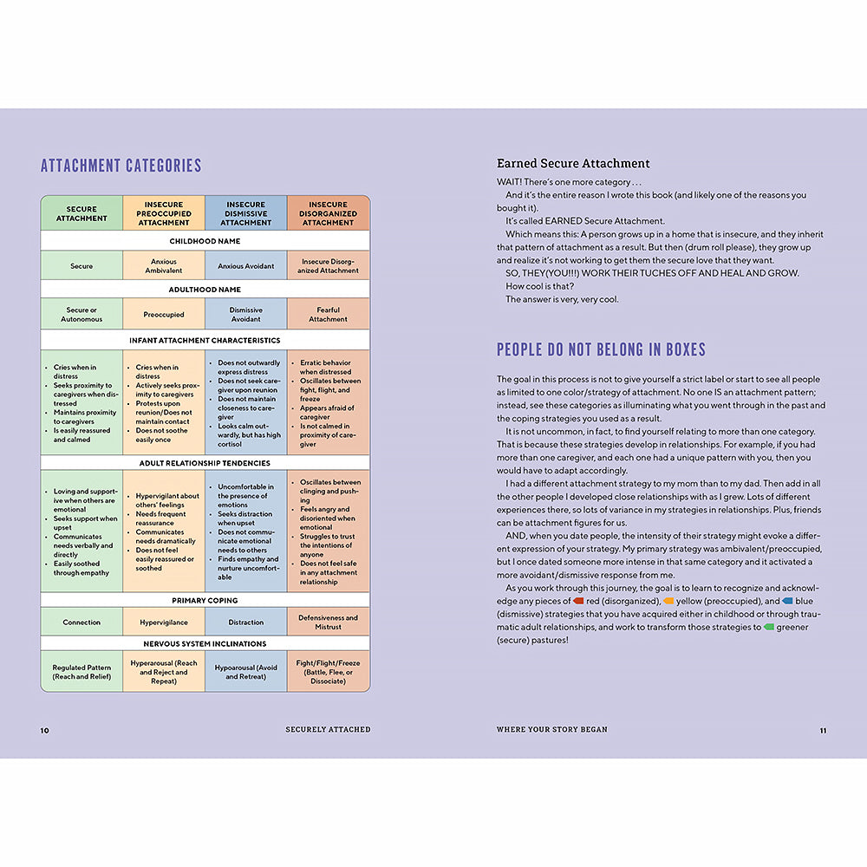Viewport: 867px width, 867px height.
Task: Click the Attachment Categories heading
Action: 121,166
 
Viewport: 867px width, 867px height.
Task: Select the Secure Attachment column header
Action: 81,213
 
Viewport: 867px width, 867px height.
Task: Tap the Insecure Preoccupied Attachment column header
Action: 164,213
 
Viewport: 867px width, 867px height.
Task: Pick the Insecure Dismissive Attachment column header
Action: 246,213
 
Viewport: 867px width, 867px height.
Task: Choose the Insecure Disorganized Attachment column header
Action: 329,213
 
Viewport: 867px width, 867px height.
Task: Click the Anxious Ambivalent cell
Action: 164,265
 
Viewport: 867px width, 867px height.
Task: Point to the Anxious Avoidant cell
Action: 246,265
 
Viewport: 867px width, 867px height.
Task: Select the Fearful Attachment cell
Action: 329,314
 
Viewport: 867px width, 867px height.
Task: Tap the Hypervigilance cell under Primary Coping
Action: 164,623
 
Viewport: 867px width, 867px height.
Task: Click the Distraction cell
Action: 246,623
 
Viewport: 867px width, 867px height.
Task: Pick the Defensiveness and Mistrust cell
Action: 329,623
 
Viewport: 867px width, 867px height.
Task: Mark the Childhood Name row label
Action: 205,241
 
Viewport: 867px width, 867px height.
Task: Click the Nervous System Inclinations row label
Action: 205,644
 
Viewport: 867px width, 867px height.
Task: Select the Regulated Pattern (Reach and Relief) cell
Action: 81,672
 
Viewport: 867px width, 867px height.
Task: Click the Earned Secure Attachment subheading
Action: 573,163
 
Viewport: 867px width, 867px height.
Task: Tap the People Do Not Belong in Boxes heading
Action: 601,350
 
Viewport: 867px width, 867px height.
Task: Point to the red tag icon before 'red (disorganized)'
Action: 578,601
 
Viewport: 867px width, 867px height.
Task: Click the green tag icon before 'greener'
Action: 768,627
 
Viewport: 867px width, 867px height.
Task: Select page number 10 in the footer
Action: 45,730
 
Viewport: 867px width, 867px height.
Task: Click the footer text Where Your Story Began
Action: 552,730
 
